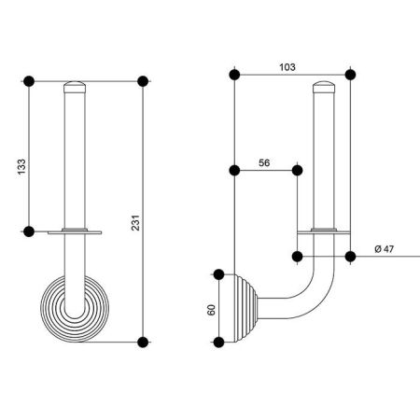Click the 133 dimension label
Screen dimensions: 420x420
[21, 167]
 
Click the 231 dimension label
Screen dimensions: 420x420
[135, 222]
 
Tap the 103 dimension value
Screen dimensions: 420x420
[287, 67]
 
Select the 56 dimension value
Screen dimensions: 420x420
[264, 162]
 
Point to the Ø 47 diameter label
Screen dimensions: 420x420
[384, 249]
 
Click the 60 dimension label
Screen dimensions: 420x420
[211, 310]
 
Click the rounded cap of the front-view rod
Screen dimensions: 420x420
[75, 87]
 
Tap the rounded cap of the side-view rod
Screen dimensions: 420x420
[324, 87]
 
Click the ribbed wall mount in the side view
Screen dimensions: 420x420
[245, 308]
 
